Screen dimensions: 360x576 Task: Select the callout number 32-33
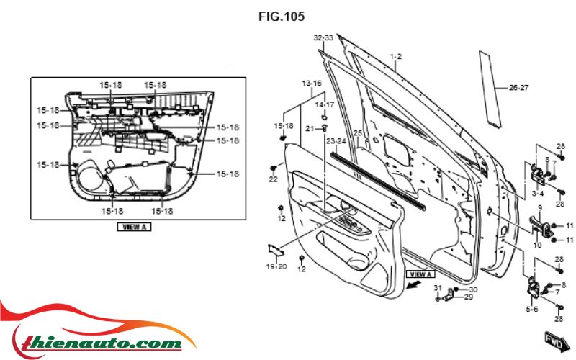(323, 37)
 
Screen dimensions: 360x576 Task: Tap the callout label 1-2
(395, 56)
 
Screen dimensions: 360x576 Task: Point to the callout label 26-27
(518, 88)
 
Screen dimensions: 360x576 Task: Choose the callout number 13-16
(311, 84)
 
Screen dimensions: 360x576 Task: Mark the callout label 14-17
(325, 104)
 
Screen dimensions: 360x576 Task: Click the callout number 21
(309, 128)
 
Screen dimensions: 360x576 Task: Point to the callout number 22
(273, 179)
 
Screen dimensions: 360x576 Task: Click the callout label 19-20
(276, 266)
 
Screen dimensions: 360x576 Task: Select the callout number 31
(437, 288)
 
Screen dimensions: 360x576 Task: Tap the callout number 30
(473, 289)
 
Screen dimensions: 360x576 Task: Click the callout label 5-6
(532, 309)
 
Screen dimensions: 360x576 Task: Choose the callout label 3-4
(537, 194)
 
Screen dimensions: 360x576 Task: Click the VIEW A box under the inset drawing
(133, 226)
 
